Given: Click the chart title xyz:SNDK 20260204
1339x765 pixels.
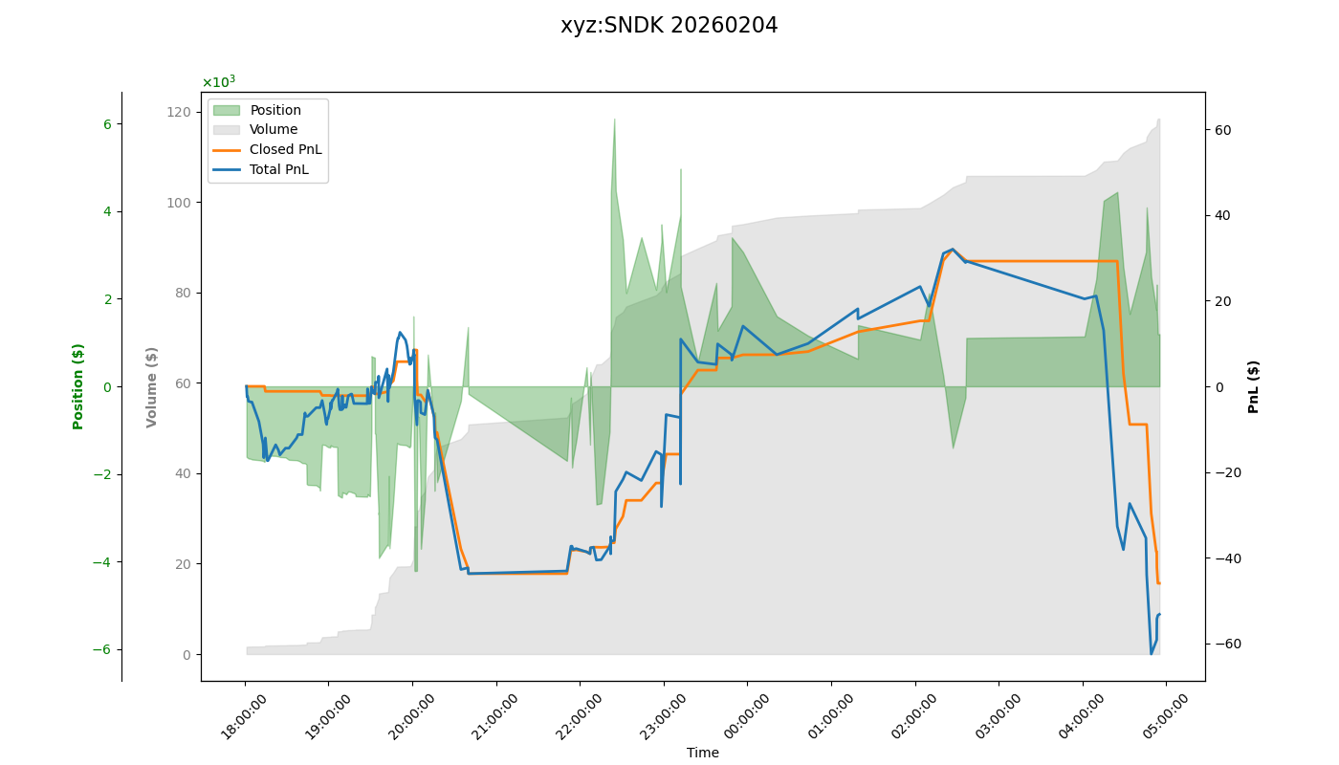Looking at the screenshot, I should pos(669,26).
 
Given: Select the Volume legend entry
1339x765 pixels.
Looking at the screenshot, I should pos(274,130).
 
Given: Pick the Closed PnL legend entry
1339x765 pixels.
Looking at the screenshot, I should pos(285,149).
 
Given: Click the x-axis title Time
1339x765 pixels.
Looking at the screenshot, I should pos(702,753).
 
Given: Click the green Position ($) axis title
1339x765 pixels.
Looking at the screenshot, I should pos(78,386).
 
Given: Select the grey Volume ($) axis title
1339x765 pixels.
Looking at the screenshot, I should pos(152,386).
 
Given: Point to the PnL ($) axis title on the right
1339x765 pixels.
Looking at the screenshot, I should pos(1254,386).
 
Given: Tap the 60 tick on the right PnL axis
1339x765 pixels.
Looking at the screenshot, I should pos(1223,130).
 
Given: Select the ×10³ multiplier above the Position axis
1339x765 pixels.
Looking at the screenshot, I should pos(218,82).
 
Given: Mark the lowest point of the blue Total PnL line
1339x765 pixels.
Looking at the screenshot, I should pos(1152,654).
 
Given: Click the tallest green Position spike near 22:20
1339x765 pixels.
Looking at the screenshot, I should pos(614,120).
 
